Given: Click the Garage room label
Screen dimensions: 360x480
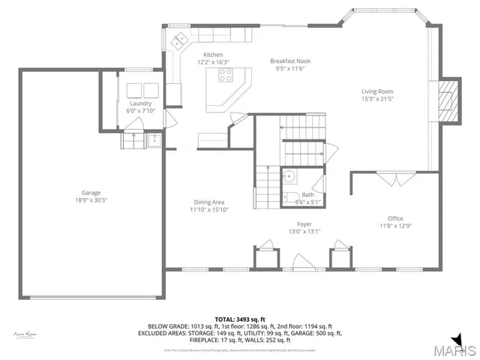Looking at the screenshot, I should coord(91,193).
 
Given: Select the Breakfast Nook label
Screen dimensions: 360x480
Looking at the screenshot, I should coord(290,61).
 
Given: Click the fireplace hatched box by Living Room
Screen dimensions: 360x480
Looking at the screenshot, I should coord(447,99).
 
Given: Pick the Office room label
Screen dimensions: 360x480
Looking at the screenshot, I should coord(395,218).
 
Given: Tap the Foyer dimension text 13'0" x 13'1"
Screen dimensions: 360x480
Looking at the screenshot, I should coord(304,231).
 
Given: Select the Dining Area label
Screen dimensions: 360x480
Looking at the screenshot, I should coord(209,202).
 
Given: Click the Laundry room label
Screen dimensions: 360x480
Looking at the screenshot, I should coord(140,103).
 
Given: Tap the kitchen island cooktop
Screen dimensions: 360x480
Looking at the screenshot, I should coord(226,74).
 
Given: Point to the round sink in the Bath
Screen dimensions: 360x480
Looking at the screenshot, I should coord(289,178).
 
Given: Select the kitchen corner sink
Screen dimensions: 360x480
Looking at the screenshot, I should coord(180,42).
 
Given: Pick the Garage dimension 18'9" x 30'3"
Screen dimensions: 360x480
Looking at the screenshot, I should coord(91,200).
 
